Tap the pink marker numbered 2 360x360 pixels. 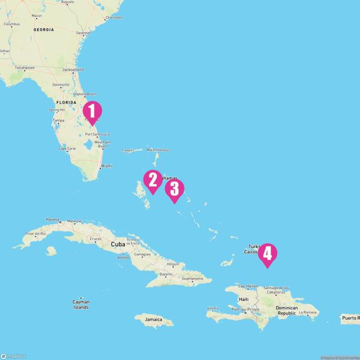[152, 180]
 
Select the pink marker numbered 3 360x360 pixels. [174, 189]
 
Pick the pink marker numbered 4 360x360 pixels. [267, 254]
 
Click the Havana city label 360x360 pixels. [52, 219]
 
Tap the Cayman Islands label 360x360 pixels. [80, 305]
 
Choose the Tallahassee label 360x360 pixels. [25, 68]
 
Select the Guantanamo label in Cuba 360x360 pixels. [192, 278]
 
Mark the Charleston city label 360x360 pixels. [114, 17]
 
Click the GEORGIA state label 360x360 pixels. [43, 29]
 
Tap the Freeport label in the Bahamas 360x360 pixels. [129, 150]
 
